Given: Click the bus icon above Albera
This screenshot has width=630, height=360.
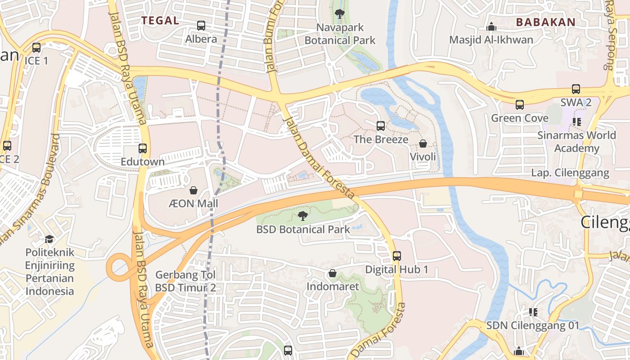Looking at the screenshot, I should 201,26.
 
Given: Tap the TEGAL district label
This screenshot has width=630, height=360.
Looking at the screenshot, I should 160,21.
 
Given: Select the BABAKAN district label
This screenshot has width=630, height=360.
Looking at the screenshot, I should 545,22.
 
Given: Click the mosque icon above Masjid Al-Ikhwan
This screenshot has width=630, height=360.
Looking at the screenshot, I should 491,27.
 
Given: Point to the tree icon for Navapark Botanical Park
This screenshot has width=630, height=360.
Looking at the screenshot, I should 340,14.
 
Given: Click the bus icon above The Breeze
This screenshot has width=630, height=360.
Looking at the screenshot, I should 381,126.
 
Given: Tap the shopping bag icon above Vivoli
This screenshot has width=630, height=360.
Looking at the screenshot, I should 423,144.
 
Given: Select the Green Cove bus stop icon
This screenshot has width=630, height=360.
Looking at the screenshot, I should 520,105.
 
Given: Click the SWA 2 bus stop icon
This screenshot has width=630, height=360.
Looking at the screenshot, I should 576,89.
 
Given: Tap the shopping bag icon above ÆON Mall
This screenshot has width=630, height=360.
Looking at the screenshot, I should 193,190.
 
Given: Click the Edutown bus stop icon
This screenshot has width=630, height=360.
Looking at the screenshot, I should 143,148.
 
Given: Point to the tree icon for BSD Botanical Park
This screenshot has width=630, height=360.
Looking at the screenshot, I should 303,216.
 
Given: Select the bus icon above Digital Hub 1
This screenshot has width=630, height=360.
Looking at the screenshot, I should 396,256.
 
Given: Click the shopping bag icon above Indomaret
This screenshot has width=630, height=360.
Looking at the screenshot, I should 333,273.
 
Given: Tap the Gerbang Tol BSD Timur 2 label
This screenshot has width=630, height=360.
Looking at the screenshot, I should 185,281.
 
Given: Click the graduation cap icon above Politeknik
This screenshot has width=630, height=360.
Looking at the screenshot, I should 49,239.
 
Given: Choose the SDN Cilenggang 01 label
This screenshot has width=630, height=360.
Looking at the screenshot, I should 533,325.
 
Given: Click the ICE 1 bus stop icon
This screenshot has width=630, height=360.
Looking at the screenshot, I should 36,47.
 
